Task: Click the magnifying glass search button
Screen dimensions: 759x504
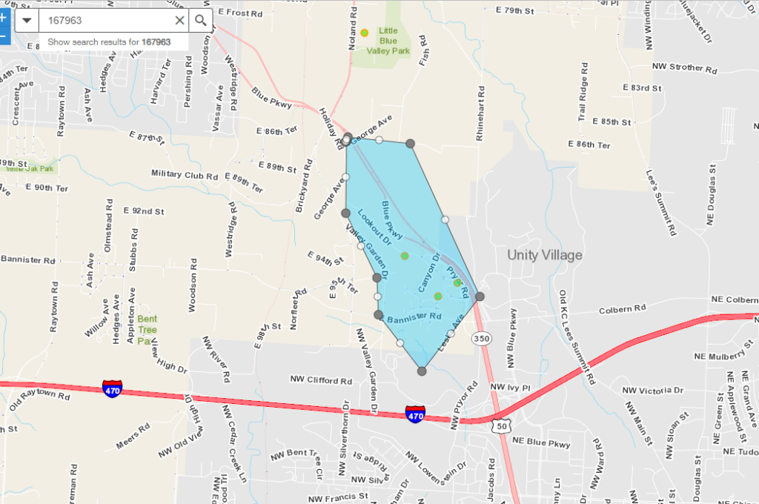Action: click(x=200, y=21)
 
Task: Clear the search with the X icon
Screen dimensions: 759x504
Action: click(x=179, y=21)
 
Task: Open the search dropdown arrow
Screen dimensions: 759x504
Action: click(x=27, y=21)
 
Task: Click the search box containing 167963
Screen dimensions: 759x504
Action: click(x=104, y=21)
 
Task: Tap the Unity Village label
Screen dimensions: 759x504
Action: click(x=545, y=255)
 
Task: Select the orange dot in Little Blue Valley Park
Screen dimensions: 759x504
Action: click(x=364, y=33)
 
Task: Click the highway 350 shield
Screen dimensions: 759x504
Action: click(x=480, y=338)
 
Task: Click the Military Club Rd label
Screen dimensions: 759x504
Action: click(x=185, y=174)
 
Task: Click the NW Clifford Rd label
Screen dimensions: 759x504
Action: click(x=321, y=381)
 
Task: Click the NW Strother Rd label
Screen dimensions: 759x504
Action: click(x=685, y=67)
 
